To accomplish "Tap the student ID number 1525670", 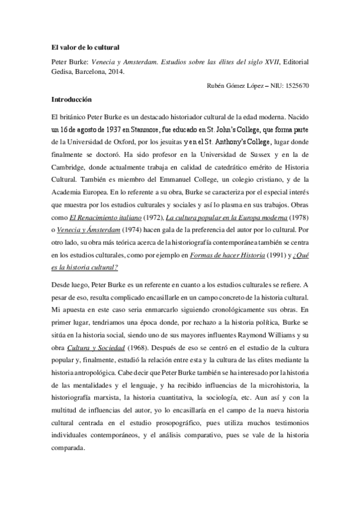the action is click(x=295, y=86).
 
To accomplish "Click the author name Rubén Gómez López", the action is click(x=230, y=86).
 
